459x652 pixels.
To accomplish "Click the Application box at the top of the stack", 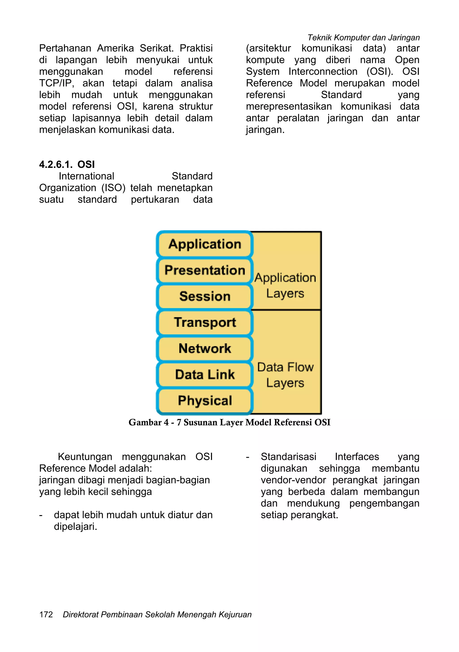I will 204,244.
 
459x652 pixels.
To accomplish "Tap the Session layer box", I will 204,296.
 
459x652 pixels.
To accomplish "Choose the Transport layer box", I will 204,322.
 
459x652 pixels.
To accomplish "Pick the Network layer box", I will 204,348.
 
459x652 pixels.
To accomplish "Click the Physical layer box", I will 204,401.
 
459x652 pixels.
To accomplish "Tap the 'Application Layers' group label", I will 285,285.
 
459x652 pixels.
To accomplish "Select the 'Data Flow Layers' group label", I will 285,375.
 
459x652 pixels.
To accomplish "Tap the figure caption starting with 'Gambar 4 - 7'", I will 229,423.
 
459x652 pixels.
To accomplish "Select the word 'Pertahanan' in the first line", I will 65,48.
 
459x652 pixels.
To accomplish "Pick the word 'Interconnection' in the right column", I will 323,71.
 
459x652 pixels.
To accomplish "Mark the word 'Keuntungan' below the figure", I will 85,457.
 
